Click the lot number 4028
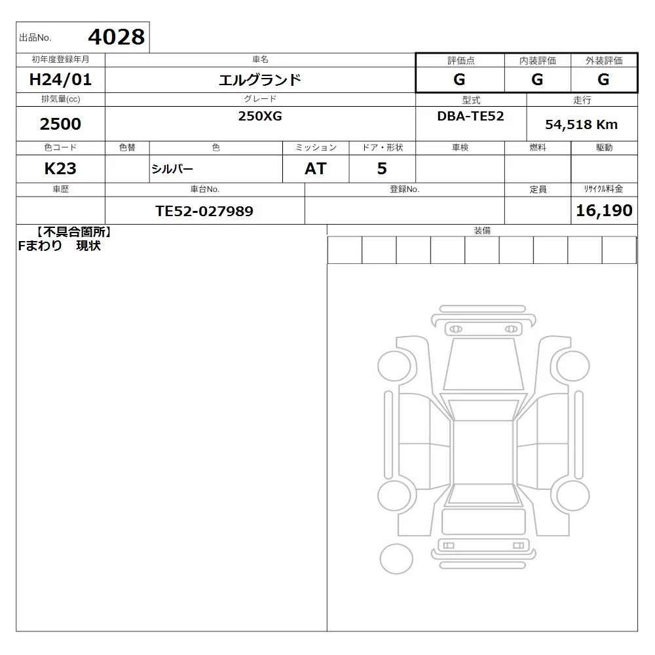pyautogui.click(x=117, y=37)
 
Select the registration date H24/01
pyautogui.click(x=60, y=79)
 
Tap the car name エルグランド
pyautogui.click(x=260, y=79)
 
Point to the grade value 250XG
pyautogui.click(x=260, y=116)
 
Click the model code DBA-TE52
pyautogui.click(x=470, y=116)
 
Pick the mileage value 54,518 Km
pyautogui.click(x=581, y=124)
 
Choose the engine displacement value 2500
pyautogui.click(x=60, y=124)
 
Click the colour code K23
pyautogui.click(x=60, y=168)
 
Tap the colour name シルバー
pyautogui.click(x=172, y=169)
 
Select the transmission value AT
pyautogui.click(x=316, y=168)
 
